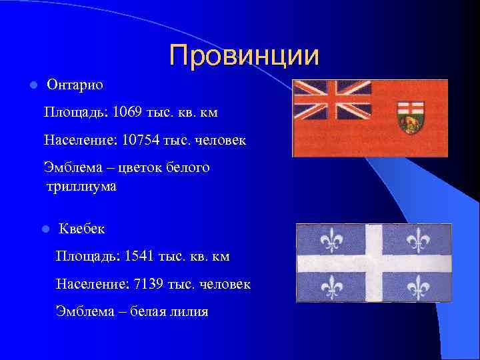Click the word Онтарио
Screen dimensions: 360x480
click(x=75, y=85)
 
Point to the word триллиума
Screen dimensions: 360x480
click(x=81, y=187)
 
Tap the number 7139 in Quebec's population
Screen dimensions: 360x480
click(x=149, y=285)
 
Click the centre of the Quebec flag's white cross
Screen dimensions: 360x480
click(x=374, y=263)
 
